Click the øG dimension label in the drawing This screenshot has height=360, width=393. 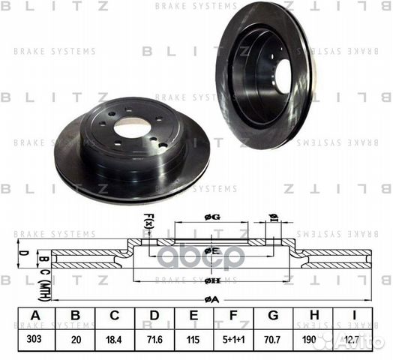pyautogui.click(x=212, y=217)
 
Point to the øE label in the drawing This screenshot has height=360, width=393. pyautogui.click(x=212, y=250)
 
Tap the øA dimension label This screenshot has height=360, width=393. pyautogui.click(x=212, y=299)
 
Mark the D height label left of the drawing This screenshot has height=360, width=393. pyautogui.click(x=23, y=253)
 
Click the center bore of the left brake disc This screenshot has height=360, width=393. pyautogui.click(x=133, y=129)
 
